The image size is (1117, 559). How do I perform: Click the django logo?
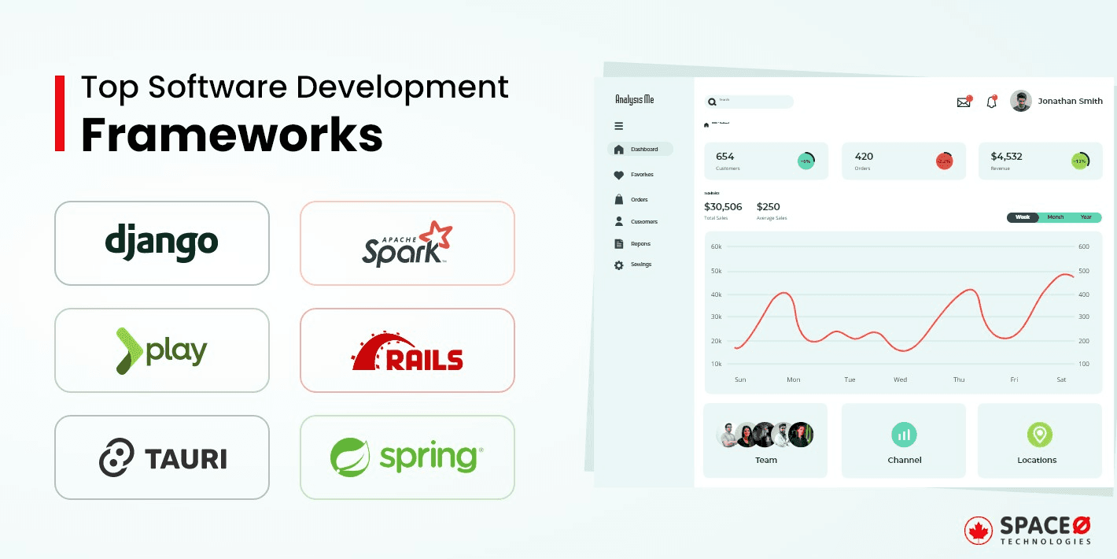pyautogui.click(x=161, y=242)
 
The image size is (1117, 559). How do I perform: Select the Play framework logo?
pyautogui.click(x=161, y=350)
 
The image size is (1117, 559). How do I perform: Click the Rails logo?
pyautogui.click(x=407, y=351)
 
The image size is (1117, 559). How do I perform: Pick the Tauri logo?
pyautogui.click(x=162, y=457)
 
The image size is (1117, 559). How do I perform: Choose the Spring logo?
pyautogui.click(x=407, y=457)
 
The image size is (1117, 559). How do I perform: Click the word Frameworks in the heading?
pyautogui.click(x=232, y=135)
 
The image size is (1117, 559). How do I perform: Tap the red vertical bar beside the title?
pyautogui.click(x=60, y=113)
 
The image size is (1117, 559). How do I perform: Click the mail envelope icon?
pyautogui.click(x=964, y=102)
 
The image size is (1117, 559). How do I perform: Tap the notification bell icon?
pyautogui.click(x=991, y=102)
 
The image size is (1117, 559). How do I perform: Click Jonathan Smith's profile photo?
pyautogui.click(x=1020, y=101)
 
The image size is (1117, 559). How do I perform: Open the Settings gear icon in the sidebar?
pyautogui.click(x=619, y=265)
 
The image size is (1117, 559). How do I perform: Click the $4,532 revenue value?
pyautogui.click(x=1006, y=156)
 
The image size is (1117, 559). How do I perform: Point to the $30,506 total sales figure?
pyautogui.click(x=723, y=207)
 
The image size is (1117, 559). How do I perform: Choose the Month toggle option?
pyautogui.click(x=1055, y=217)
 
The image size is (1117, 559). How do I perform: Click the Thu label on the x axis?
pyautogui.click(x=959, y=379)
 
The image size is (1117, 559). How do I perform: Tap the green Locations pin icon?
pyautogui.click(x=1039, y=434)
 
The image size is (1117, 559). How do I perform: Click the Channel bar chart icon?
pyautogui.click(x=904, y=434)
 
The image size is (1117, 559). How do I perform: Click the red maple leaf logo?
pyautogui.click(x=978, y=531)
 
